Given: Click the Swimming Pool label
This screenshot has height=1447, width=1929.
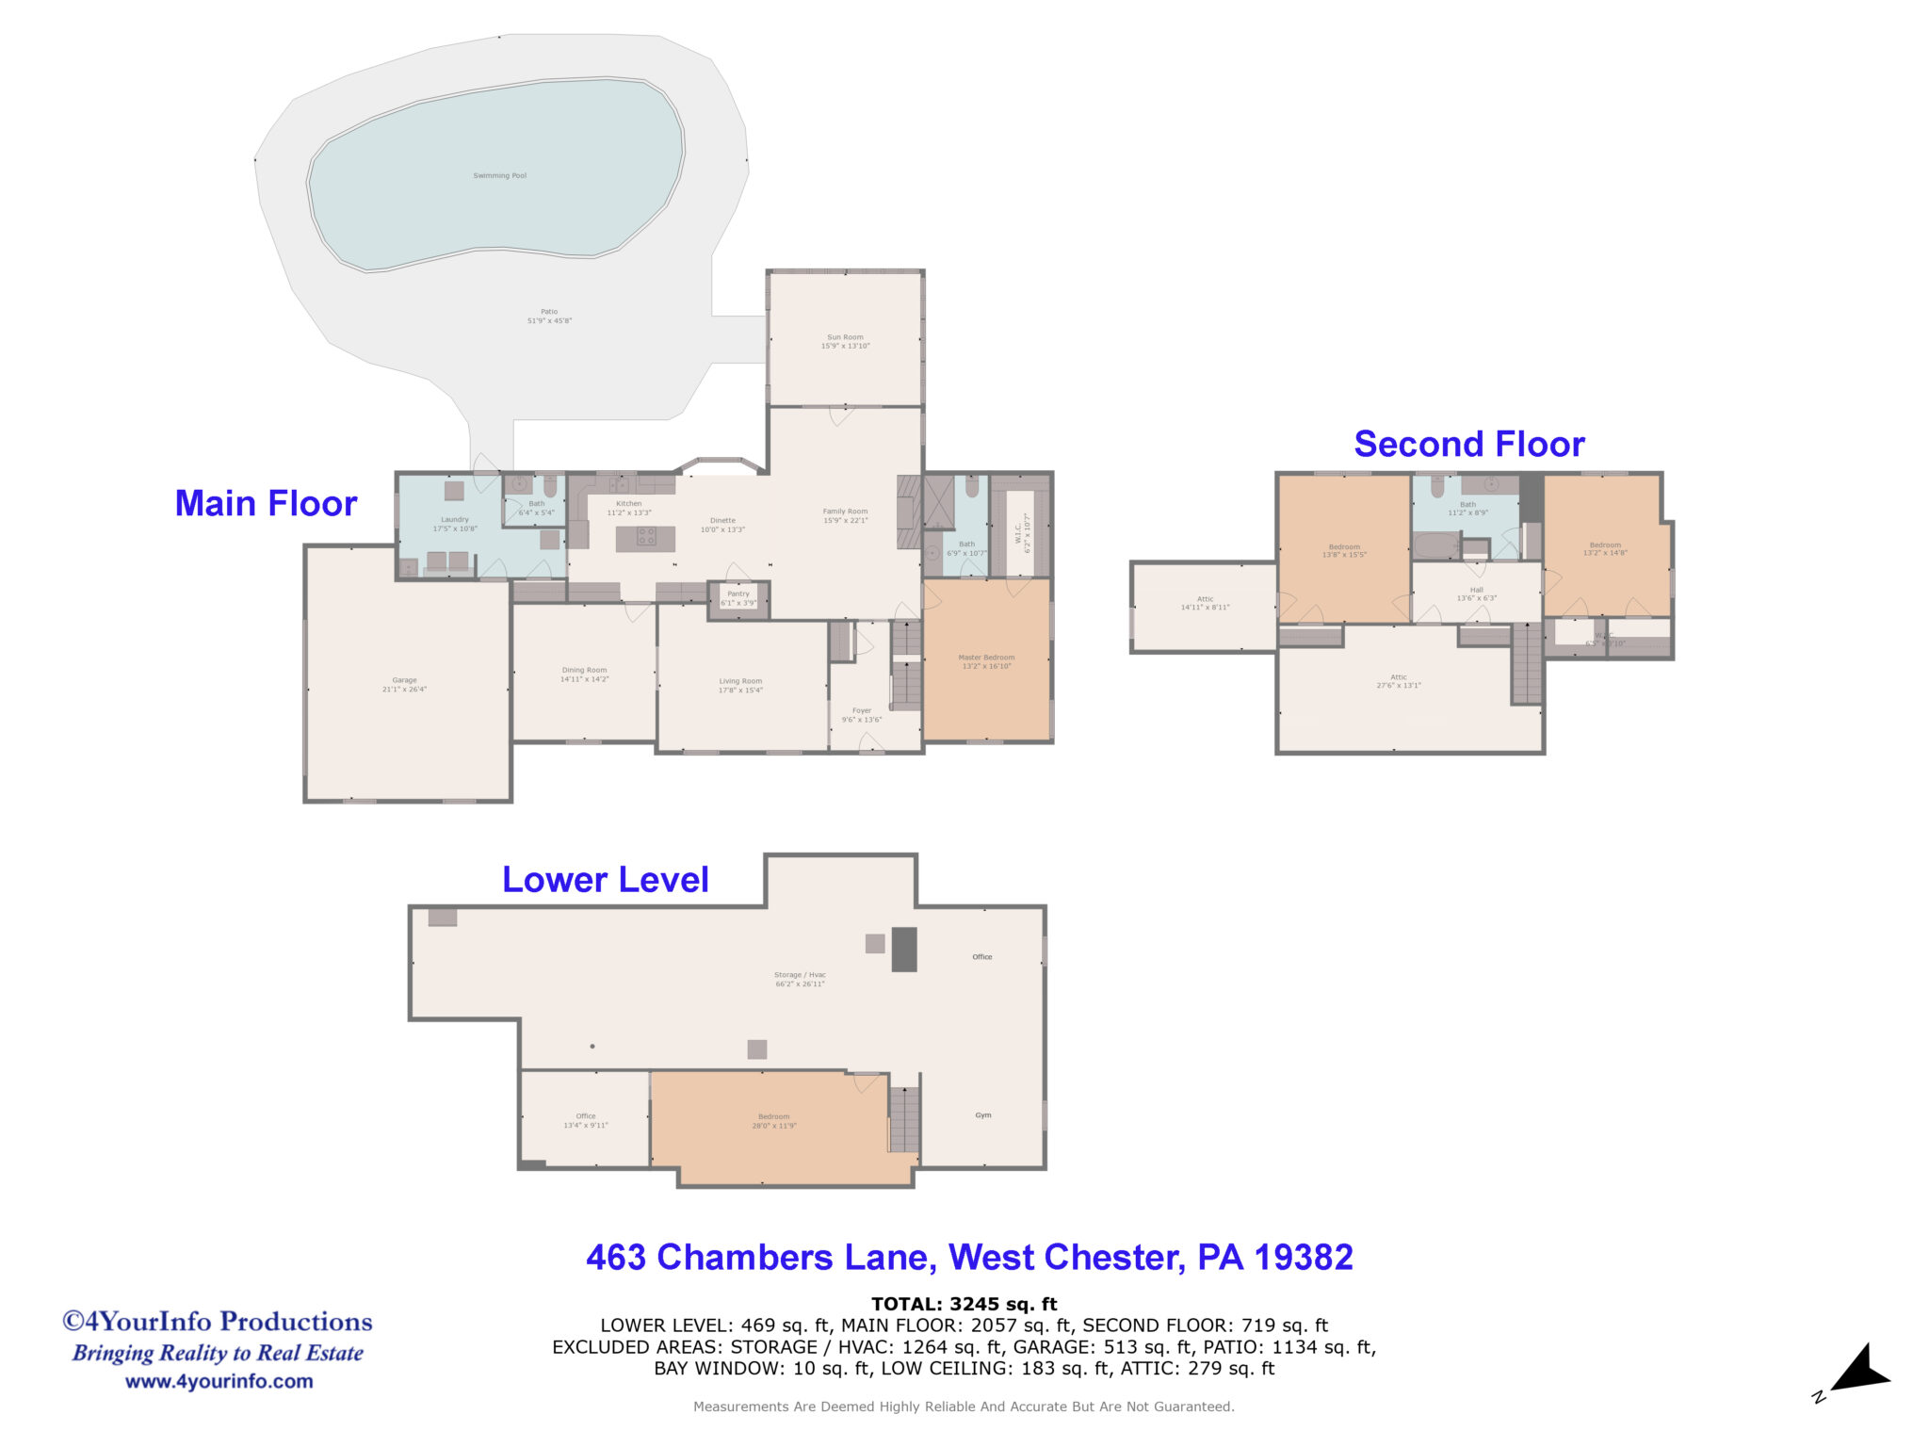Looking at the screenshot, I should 499,176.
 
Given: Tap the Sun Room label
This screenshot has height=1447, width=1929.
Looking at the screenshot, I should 845,341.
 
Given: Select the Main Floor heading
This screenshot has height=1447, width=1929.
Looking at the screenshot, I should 266,503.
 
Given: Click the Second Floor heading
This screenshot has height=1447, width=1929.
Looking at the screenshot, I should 1468,444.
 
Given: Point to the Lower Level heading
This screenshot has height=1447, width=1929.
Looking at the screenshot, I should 605,879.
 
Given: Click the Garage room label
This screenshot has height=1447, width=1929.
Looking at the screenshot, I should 404,684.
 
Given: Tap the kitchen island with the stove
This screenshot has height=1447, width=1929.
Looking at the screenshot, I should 645,538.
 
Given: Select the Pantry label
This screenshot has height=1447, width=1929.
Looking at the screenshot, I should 738,598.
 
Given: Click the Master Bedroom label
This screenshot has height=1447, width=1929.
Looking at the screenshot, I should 986,661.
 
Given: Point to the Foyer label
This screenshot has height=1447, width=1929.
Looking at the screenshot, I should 862,714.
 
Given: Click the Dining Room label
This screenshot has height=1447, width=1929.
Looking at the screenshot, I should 584,674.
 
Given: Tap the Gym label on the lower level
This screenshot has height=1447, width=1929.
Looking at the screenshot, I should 982,1114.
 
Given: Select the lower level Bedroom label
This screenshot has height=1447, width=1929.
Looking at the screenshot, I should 773,1120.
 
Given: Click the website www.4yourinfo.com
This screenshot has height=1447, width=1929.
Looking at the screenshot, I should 219,1381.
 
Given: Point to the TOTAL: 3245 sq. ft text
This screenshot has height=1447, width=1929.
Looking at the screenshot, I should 964,1304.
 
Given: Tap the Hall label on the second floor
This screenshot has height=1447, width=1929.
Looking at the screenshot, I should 1476,593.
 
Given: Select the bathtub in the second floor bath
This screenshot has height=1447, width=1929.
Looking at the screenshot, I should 1435,546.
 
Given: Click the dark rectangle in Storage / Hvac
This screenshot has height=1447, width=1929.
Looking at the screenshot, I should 903,949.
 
